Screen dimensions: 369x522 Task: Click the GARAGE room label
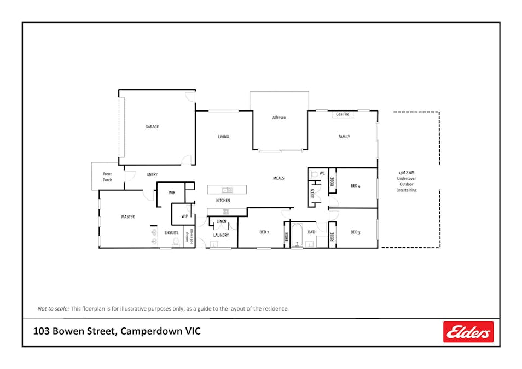coord(152,127)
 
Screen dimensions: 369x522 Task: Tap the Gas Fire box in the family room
coord(343,115)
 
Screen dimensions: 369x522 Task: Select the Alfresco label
coord(279,118)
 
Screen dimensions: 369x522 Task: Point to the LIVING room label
coord(223,137)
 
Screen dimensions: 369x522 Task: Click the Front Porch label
coord(107,177)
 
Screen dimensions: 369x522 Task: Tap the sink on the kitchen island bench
coord(226,190)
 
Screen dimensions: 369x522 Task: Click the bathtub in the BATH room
coord(297,236)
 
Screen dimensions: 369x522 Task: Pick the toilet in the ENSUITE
coord(176,241)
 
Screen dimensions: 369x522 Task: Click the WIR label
coord(172,192)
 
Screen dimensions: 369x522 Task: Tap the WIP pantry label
coord(184,216)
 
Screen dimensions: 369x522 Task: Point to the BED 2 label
coord(264,232)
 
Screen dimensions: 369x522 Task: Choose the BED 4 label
coord(356,186)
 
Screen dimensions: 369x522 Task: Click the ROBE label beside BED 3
coord(332,237)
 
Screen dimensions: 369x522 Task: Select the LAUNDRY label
coord(221,235)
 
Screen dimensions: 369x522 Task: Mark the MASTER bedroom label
coord(127,217)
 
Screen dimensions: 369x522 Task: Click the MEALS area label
coord(279,178)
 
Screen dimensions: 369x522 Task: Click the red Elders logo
coord(468,332)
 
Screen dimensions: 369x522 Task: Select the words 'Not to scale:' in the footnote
coord(53,308)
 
